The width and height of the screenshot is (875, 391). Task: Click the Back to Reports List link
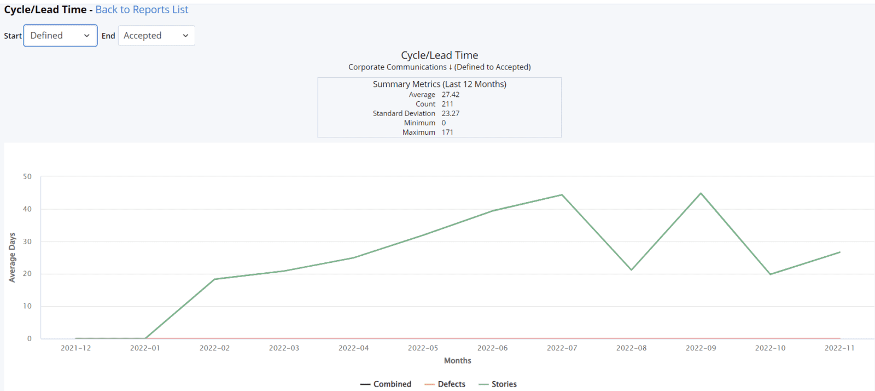(142, 10)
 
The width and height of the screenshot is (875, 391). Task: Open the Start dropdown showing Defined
(60, 36)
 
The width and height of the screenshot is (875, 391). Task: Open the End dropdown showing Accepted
(156, 36)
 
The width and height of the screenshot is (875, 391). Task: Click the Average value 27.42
(451, 95)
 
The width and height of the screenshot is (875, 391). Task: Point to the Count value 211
(447, 104)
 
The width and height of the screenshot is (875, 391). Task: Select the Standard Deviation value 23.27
(451, 113)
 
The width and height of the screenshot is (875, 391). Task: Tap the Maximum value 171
(447, 132)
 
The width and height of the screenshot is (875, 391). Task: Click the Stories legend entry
(498, 384)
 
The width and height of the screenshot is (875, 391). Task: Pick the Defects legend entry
(445, 384)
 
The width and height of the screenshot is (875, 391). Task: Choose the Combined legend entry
(386, 384)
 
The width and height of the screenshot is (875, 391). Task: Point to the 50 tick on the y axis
(27, 176)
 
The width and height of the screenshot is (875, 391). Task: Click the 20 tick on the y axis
(27, 274)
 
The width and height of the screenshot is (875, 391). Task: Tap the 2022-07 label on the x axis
(562, 348)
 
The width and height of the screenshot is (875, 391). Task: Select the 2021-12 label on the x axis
(75, 348)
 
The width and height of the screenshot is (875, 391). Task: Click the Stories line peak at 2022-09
(701, 193)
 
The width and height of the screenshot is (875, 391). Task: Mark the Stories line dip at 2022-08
(631, 269)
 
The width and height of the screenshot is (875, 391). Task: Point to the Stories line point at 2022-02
(214, 279)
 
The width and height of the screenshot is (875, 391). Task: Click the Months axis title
(457, 360)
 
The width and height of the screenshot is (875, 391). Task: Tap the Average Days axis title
(12, 257)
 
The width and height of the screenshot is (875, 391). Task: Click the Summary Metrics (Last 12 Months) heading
(439, 84)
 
